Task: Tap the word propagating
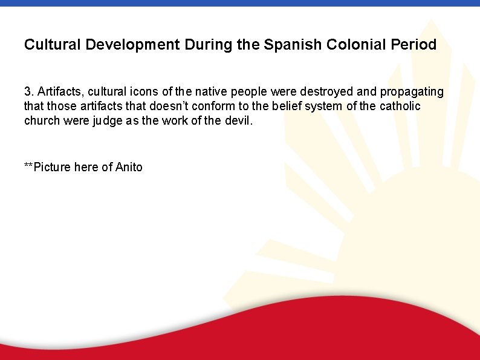[414, 92]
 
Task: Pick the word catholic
[400, 106]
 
